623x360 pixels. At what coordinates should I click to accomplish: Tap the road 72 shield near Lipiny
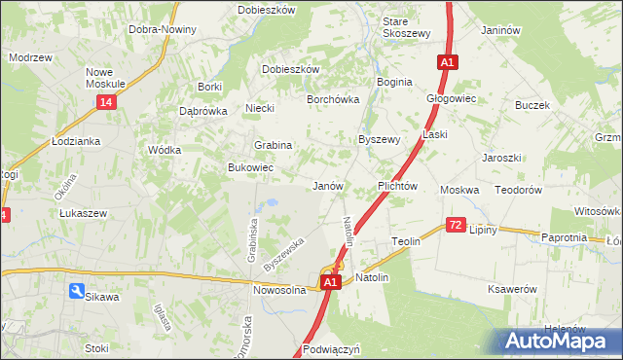point(456,225)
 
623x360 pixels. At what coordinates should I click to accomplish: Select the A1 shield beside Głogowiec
point(446,63)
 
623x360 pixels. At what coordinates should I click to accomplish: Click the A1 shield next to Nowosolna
point(330,282)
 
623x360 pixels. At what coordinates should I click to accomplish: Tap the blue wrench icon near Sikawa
point(76,291)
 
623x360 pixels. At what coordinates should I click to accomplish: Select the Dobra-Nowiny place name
point(163,29)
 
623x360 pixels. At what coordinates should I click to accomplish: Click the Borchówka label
point(334,99)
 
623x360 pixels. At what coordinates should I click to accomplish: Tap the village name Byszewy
point(380,139)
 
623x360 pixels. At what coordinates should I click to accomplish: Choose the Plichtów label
point(397,186)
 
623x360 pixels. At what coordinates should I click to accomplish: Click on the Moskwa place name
point(459,190)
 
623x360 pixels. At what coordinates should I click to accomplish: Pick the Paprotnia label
point(564,237)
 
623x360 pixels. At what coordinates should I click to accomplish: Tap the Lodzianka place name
point(77,141)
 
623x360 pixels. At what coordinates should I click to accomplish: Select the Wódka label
point(163,151)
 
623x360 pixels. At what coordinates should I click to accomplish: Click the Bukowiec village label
point(250,168)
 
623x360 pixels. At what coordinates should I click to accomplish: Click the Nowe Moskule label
point(107,78)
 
